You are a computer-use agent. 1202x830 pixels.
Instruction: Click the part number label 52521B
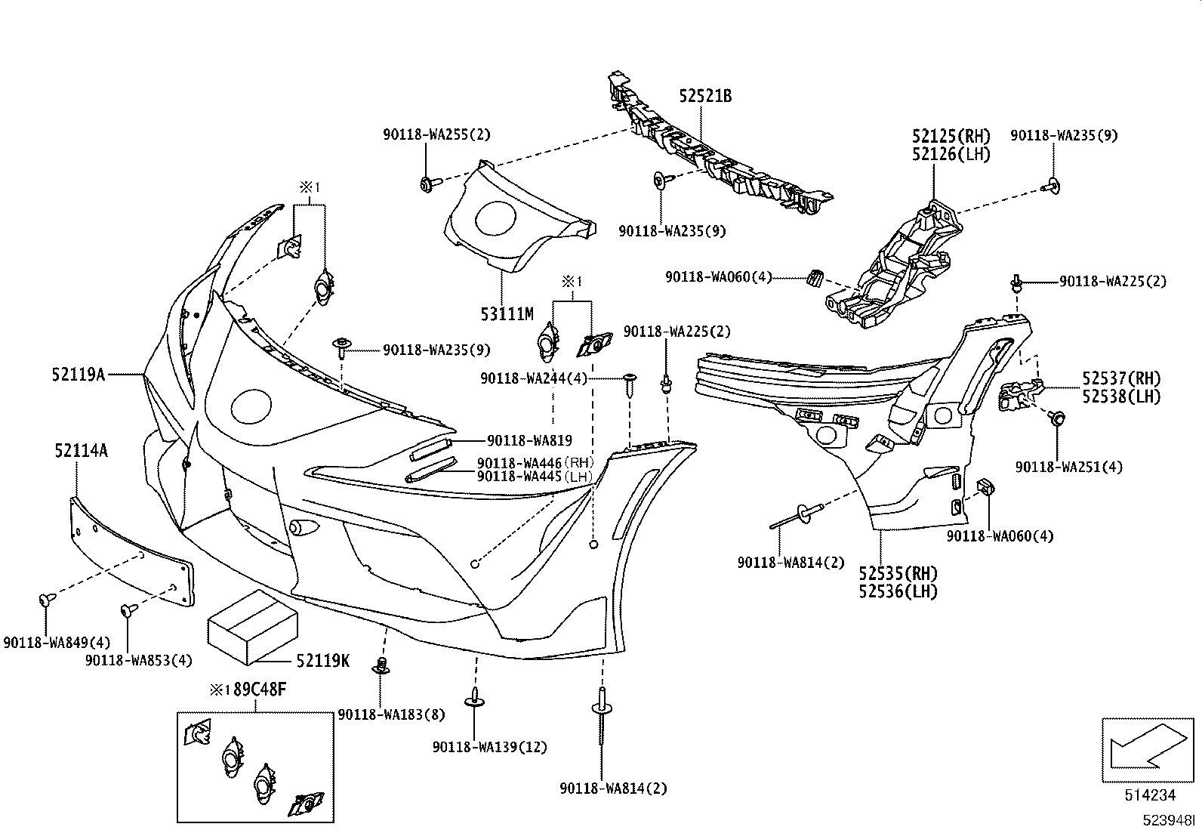(705, 96)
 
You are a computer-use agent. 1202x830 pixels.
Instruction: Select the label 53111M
(507, 313)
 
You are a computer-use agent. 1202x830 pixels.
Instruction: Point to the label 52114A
(80, 451)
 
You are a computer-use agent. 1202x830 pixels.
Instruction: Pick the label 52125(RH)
(950, 137)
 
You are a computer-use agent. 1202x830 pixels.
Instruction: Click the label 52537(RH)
(1120, 378)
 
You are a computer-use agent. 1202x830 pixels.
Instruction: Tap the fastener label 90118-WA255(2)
(435, 134)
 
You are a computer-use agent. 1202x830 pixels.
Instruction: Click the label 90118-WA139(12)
(489, 747)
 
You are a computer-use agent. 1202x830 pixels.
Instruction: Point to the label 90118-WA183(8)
(391, 714)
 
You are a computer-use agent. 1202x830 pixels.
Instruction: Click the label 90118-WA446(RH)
(535, 462)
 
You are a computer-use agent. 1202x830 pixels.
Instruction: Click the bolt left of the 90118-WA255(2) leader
(426, 184)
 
